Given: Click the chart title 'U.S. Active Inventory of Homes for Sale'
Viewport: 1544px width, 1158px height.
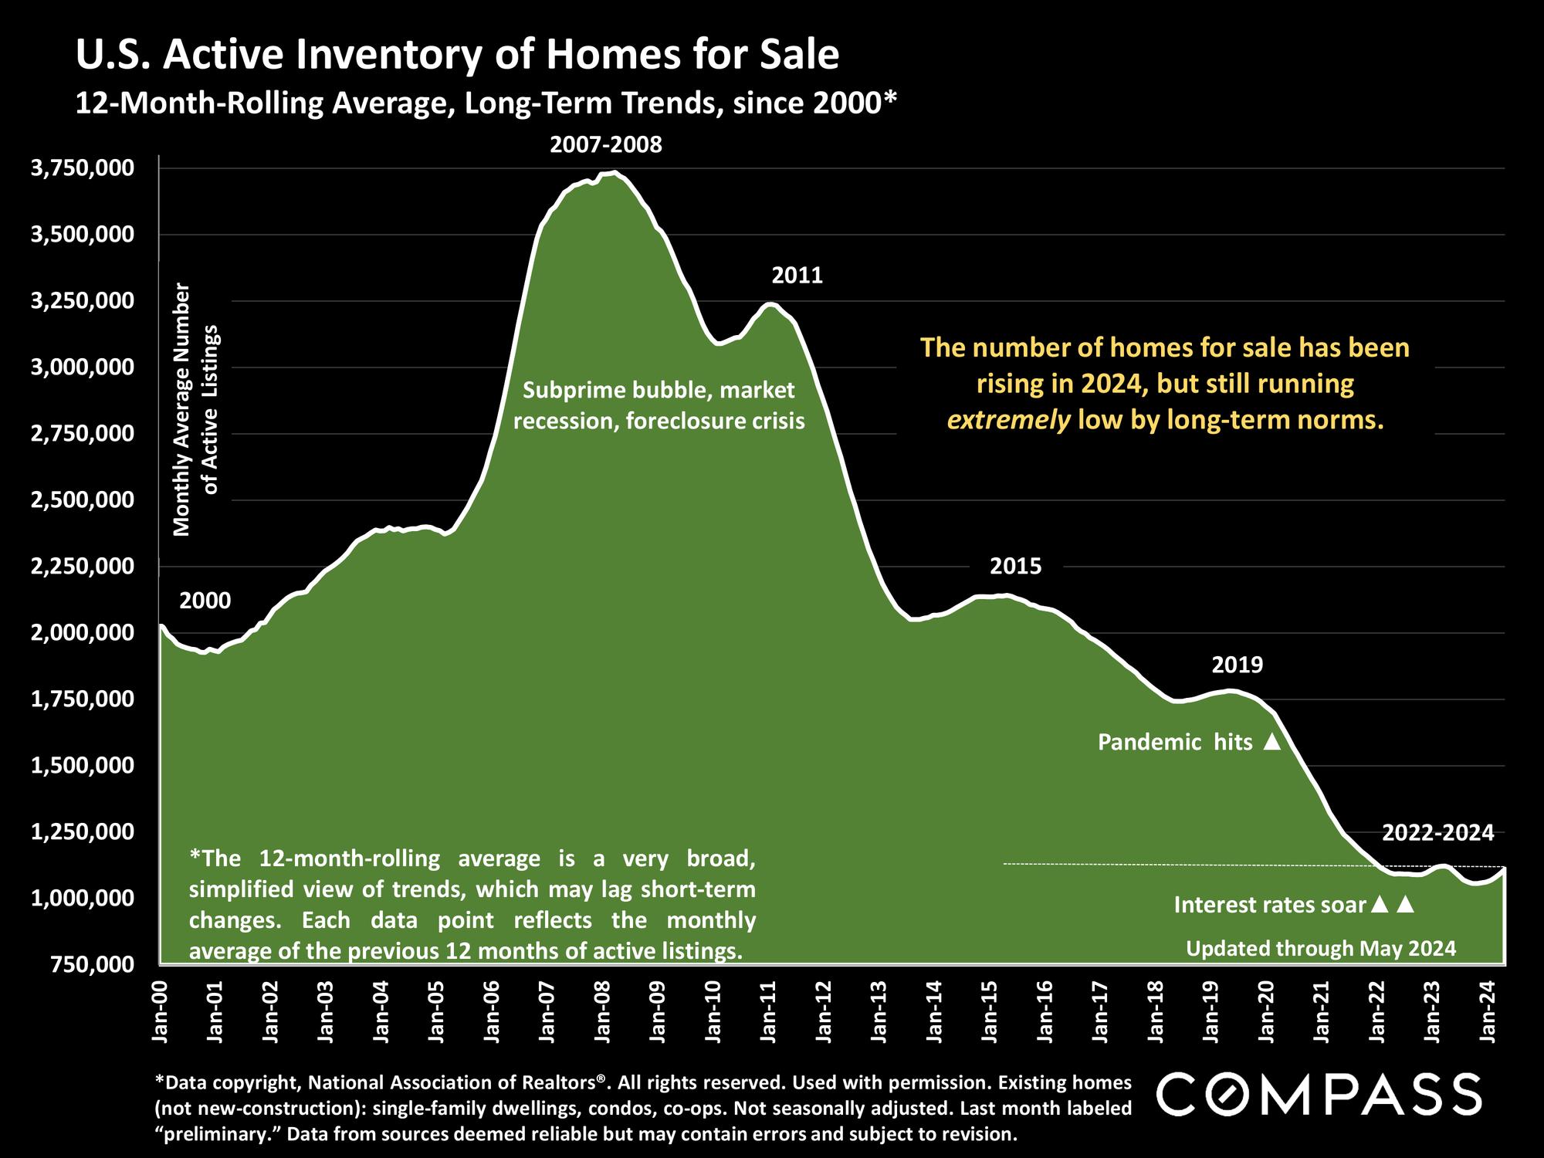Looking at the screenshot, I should coord(457,56).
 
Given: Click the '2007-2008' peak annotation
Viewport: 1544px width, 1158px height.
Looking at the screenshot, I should coord(606,145).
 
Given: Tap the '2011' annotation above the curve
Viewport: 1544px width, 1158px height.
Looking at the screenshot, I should coord(797,276).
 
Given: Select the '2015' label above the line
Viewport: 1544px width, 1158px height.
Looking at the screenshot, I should coord(1016,567).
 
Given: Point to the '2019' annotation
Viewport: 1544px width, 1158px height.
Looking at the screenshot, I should coord(1238,665).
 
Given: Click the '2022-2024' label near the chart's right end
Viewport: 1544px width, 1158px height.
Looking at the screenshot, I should coord(1438,833).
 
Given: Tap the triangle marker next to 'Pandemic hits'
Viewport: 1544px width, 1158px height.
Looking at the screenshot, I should coord(1271,743).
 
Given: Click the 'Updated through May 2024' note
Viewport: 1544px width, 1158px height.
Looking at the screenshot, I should coord(1321,948).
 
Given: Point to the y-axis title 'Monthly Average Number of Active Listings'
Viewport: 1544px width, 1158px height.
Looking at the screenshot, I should coord(196,409).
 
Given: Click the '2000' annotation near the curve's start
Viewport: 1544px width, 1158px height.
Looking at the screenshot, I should coord(205,601).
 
